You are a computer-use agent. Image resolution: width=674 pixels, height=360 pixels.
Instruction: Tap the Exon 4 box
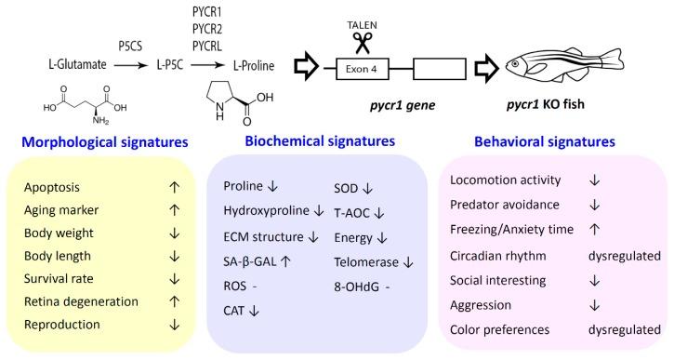[376, 67]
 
